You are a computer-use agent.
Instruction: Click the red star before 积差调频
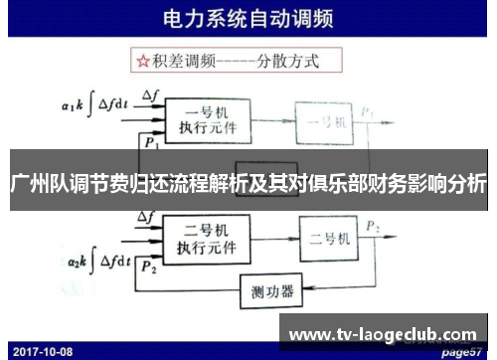pyautogui.click(x=142, y=62)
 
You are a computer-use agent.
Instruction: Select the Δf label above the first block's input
pyautogui.click(x=151, y=95)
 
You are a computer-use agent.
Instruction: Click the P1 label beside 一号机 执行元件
pyautogui.click(x=150, y=142)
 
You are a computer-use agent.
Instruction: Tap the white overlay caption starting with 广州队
pyautogui.click(x=248, y=184)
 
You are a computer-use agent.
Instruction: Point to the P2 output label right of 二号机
pyautogui.click(x=372, y=228)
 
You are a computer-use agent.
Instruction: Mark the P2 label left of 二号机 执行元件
pyautogui.click(x=149, y=270)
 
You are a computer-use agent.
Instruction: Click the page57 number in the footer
pyautogui.click(x=462, y=350)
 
